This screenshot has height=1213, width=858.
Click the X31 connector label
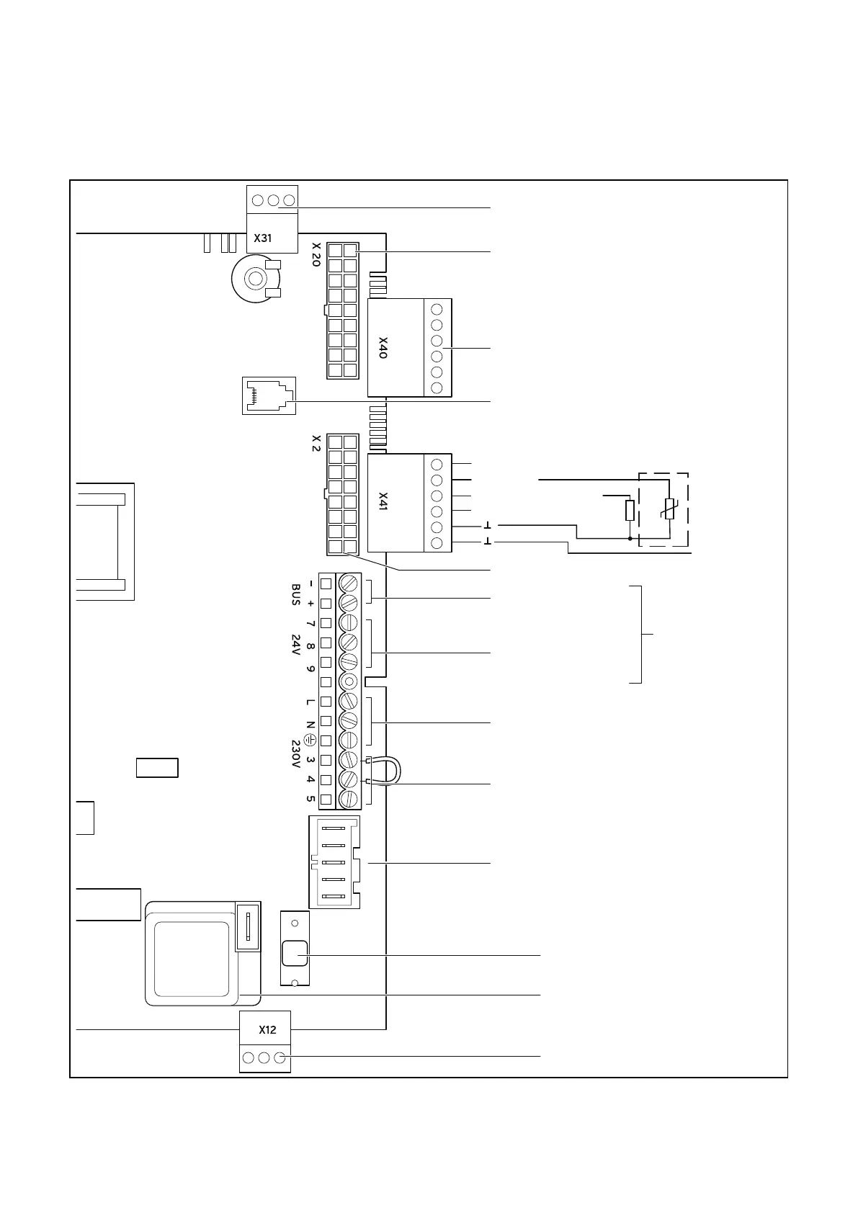coord(263,238)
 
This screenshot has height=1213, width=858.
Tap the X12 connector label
coord(267,1030)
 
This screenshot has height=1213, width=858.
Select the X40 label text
coord(383,347)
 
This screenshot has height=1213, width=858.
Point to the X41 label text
coord(383,502)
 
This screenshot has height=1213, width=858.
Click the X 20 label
coord(316,254)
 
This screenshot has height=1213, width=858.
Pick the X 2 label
coord(316,443)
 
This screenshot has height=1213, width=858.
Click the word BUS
coord(295,594)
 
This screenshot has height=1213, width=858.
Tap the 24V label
coord(295,645)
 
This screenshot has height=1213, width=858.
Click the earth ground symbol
coord(310,740)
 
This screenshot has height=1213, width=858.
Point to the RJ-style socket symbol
coord(269,395)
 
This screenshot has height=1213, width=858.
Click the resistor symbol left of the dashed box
coord(630,511)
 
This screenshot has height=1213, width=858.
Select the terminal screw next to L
coord(349,701)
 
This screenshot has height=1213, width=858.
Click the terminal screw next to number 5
coord(349,799)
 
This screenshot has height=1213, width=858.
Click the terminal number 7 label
coord(310,623)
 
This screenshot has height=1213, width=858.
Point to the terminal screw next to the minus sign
coord(349,583)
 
